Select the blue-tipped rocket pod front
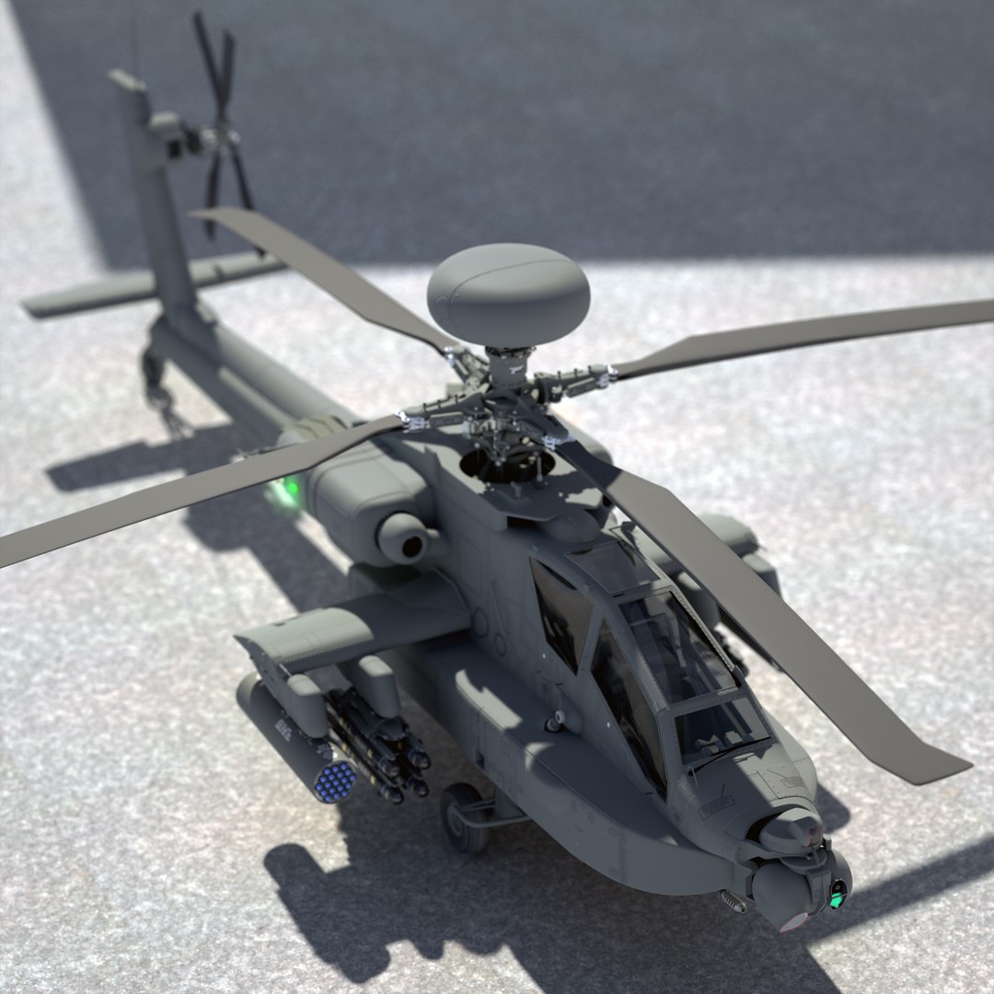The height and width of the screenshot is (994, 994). [334, 780]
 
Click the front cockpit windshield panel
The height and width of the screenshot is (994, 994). [718, 727]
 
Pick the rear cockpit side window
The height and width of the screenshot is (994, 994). [561, 612]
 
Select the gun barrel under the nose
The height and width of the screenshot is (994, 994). [733, 901]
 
